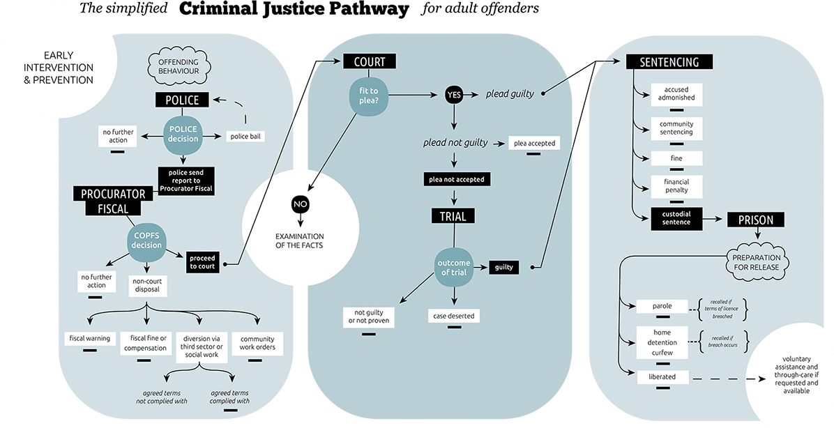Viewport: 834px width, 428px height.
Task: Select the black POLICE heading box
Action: tap(182, 100)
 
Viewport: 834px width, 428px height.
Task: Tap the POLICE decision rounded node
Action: tap(182, 134)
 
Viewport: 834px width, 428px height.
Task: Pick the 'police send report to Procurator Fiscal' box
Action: tap(186, 180)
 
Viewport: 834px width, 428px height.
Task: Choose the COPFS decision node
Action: tap(146, 241)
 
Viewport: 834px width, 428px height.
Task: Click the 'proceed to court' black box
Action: tap(203, 262)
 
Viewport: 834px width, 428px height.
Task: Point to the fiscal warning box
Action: tap(90, 339)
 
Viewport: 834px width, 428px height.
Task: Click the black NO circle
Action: tap(300, 205)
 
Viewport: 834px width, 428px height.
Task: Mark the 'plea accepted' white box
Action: tap(535, 144)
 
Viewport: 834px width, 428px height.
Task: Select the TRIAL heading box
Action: tap(453, 216)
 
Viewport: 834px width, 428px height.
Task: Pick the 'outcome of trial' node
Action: tap(454, 268)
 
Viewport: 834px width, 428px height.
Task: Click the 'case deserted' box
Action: tap(454, 316)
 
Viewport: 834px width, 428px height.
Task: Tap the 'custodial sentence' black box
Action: tap(676, 217)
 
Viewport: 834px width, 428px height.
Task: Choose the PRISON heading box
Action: tap(755, 220)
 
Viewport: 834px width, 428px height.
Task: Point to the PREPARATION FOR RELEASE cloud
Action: tap(757, 262)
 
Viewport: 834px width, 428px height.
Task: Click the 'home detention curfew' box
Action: tap(662, 342)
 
